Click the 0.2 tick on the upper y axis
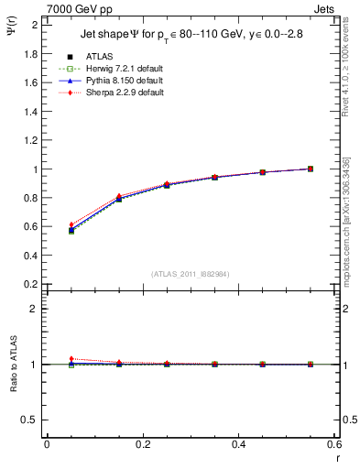point(32,284)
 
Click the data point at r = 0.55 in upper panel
point(311,169)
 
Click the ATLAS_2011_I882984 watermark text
point(191,274)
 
